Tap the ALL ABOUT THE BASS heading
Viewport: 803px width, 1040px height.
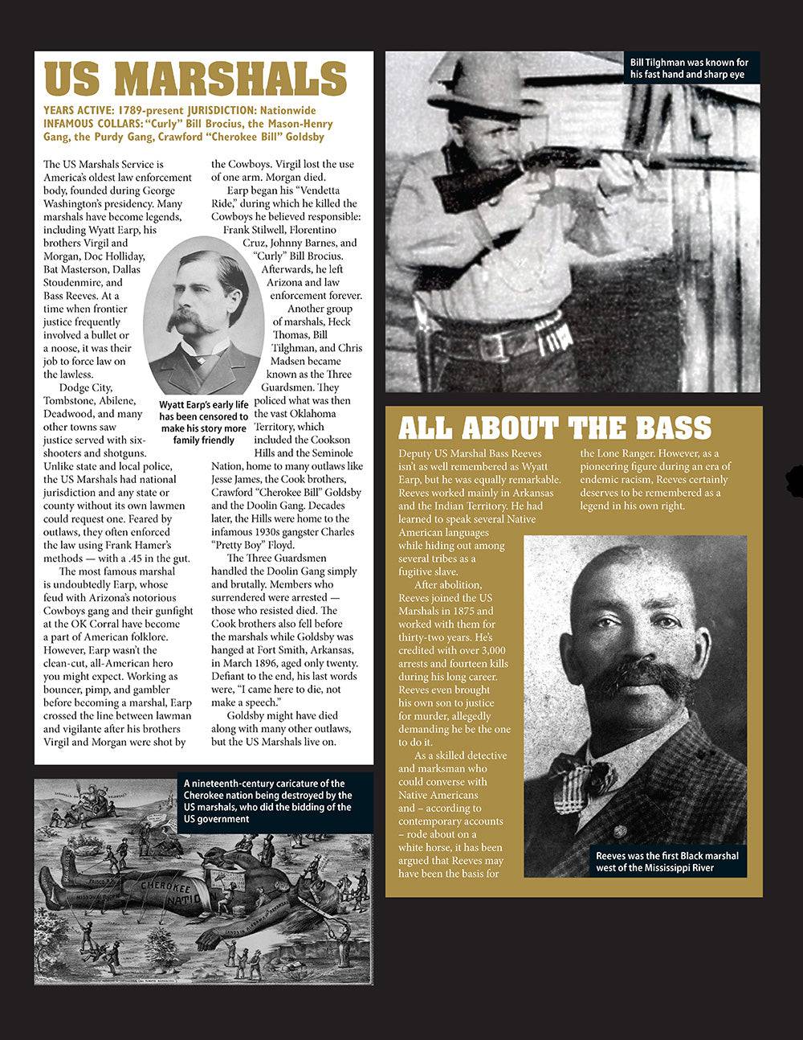tap(555, 428)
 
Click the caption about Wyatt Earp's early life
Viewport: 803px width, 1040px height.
tap(203, 423)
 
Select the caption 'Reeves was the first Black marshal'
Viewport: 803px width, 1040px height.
tap(667, 862)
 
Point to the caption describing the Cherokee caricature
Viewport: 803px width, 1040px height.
tap(267, 801)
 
